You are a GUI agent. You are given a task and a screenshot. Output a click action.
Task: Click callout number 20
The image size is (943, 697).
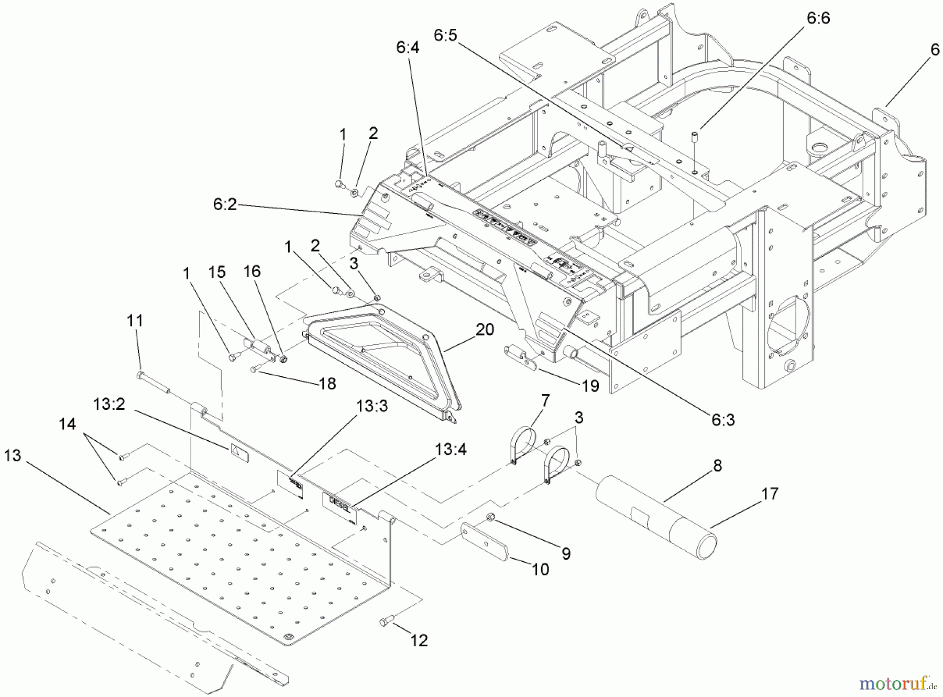[x=485, y=330]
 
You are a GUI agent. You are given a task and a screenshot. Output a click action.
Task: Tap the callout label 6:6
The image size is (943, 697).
[x=818, y=18]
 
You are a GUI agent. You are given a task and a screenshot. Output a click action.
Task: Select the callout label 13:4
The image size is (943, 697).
[x=451, y=450]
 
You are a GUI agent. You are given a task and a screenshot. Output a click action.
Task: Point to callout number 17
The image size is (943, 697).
[x=770, y=494]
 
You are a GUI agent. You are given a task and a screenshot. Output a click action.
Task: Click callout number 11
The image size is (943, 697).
[x=135, y=320]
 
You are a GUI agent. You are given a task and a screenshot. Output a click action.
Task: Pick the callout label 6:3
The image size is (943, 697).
[x=723, y=419]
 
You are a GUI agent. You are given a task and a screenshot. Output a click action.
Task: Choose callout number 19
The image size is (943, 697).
[x=590, y=386]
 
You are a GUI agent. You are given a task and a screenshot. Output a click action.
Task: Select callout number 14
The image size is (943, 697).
[x=67, y=424]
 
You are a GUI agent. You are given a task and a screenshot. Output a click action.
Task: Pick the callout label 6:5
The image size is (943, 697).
[x=445, y=36]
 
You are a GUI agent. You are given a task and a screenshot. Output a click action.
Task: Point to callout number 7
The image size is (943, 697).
[x=545, y=401]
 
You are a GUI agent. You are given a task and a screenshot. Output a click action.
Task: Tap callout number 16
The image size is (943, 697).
[x=251, y=271]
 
